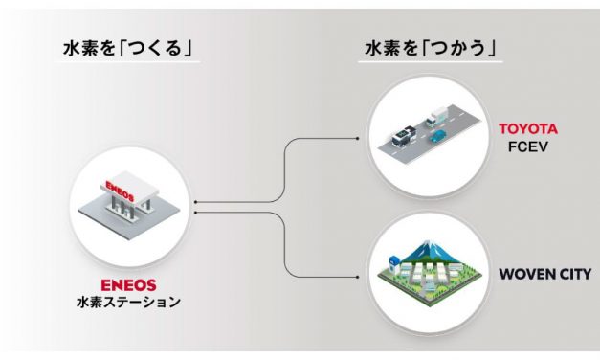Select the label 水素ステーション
tap(128, 303)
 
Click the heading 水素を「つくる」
tap(129, 47)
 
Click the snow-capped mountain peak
tap(426, 244)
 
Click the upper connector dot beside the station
tap(193, 203)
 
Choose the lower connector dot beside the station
tap(193, 211)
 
